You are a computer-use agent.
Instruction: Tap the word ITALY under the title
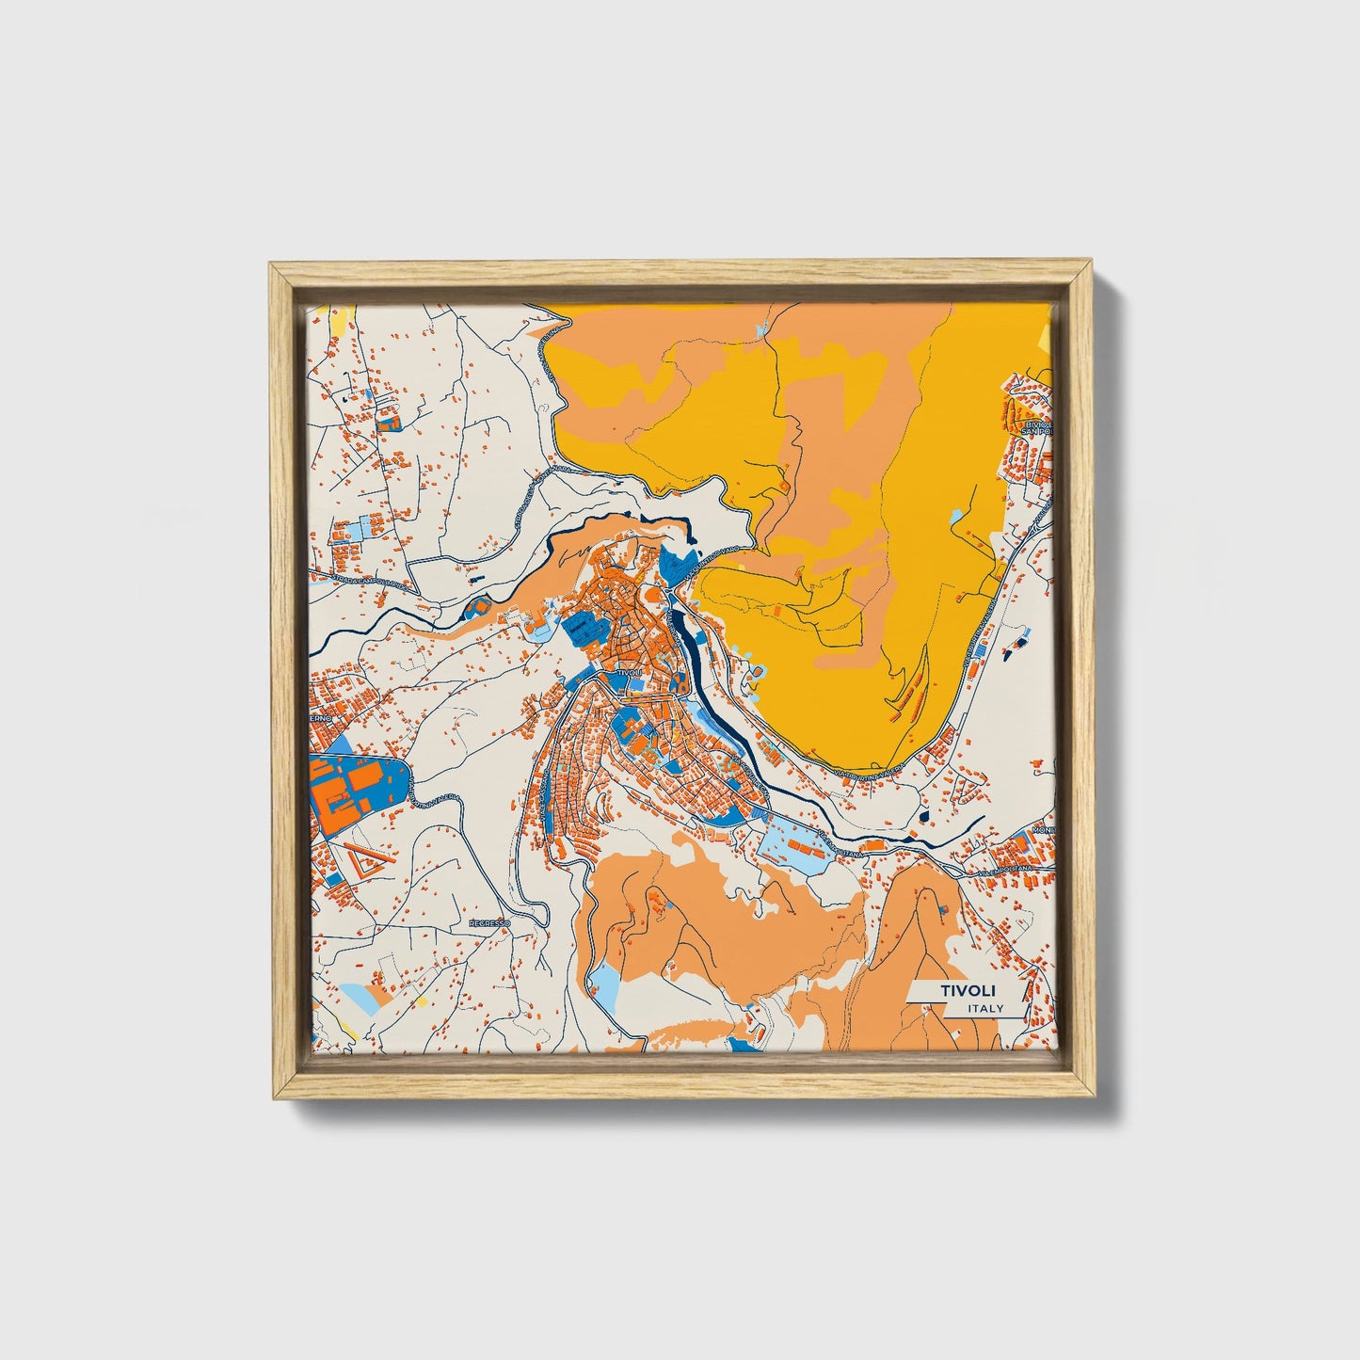click(985, 1009)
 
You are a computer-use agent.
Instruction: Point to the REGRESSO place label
click(489, 924)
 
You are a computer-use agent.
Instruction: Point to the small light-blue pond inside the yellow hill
click(956, 516)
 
